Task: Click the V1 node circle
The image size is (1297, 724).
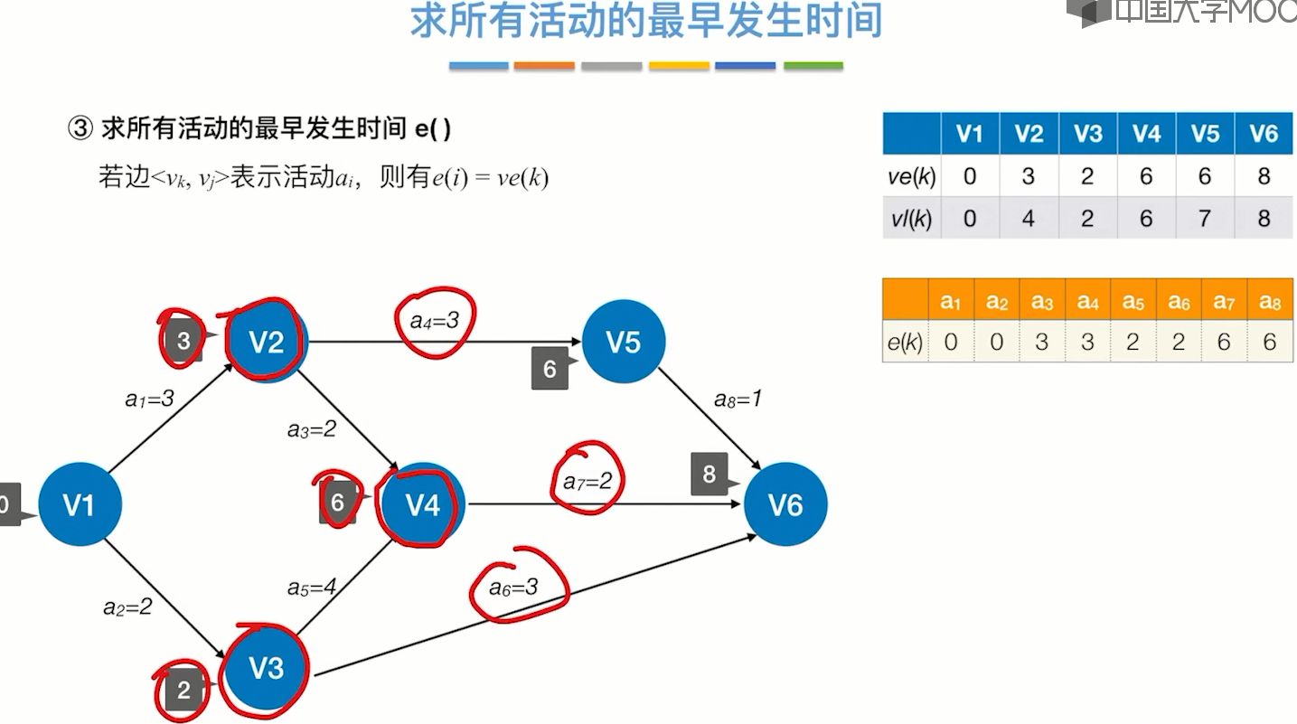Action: tap(80, 504)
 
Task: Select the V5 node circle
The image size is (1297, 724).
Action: tap(624, 342)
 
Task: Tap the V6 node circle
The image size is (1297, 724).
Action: tap(785, 504)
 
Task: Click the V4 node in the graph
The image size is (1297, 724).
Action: tap(422, 504)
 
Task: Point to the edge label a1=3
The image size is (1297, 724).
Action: tap(149, 398)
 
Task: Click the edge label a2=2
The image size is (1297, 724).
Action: tap(127, 607)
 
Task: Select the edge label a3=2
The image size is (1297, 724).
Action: tap(312, 429)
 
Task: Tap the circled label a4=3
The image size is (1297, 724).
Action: tap(436, 321)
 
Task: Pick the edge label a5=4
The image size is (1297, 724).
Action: tap(312, 588)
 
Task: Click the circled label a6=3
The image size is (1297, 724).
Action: tap(513, 588)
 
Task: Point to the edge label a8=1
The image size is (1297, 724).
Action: tap(738, 399)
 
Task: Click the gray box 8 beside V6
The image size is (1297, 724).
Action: tap(710, 475)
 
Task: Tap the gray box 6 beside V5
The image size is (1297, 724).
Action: tap(550, 369)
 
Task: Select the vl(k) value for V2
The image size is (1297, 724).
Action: tap(1029, 219)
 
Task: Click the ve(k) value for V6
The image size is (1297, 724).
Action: tap(1264, 175)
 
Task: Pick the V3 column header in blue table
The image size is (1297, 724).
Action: tap(1087, 134)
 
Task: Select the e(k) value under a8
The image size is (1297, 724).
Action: tap(1270, 343)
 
